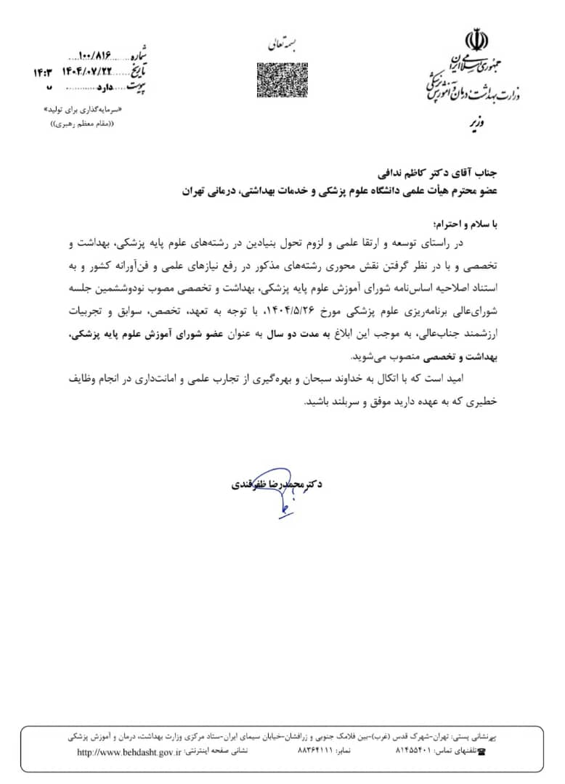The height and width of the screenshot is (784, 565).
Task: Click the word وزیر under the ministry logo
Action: click(474, 124)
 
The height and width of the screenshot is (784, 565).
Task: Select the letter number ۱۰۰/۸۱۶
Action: click(99, 56)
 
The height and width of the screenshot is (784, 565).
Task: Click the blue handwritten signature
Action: click(282, 494)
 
